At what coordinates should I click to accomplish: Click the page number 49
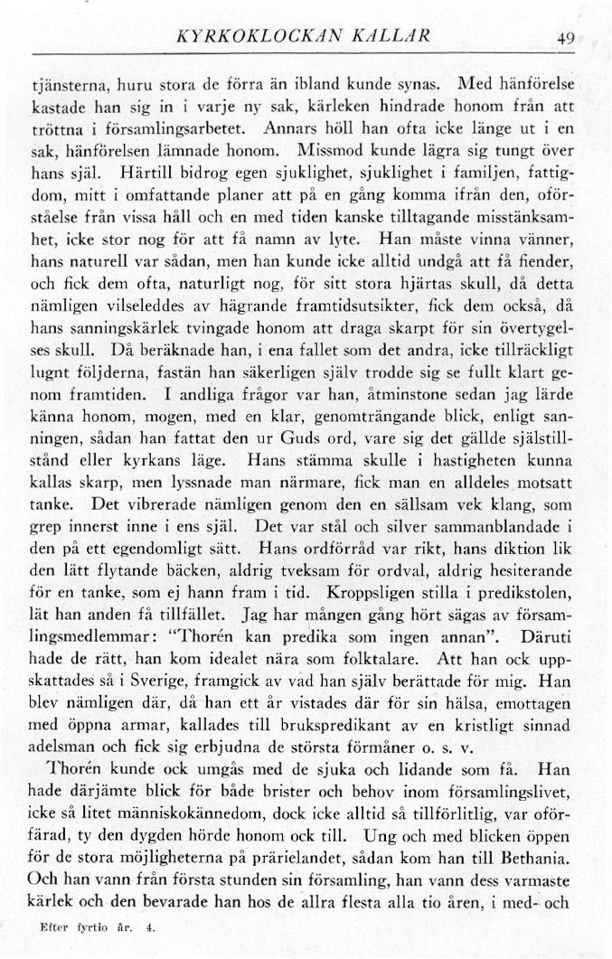point(567,39)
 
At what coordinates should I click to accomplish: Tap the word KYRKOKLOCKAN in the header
point(258,38)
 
